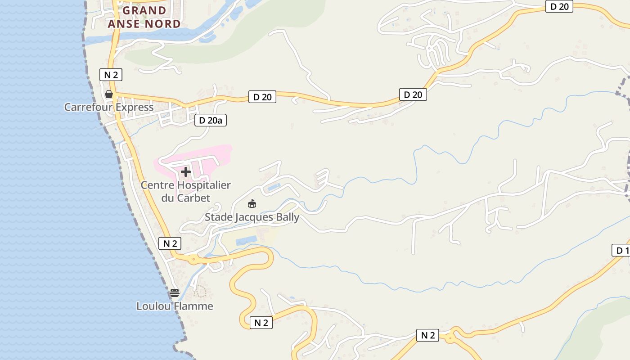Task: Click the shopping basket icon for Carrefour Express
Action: coord(109,94)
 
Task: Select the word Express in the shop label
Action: coord(135,107)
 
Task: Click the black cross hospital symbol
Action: coord(185,171)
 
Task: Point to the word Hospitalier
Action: coord(203,185)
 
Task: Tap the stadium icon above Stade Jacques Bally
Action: coord(252,204)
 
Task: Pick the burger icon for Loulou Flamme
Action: coord(175,293)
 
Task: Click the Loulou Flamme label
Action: coord(175,306)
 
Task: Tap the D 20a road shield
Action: coord(211,120)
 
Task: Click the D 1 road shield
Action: coord(621,250)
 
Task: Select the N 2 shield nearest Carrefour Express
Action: coord(111,75)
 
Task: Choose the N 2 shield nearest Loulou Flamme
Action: coord(170,243)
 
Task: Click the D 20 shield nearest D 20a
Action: coord(262,97)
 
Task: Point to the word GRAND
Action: coord(144,10)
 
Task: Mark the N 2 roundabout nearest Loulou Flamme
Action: coord(193,259)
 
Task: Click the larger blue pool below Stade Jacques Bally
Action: coord(246,241)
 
